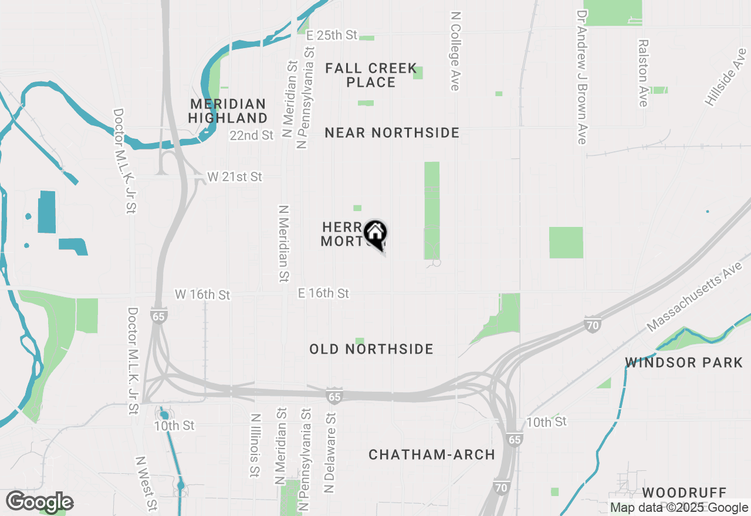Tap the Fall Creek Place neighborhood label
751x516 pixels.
click(371, 76)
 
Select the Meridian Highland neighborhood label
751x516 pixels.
click(228, 111)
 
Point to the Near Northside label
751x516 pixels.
click(392, 133)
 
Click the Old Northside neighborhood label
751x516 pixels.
click(371, 349)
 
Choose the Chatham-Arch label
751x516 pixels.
click(432, 454)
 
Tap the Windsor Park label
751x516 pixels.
click(684, 362)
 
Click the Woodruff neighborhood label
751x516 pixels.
click(684, 493)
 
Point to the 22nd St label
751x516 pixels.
click(252, 135)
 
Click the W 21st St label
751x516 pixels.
click(235, 176)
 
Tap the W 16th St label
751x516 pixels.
click(202, 294)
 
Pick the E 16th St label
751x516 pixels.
click(323, 293)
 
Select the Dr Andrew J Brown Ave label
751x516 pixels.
click(582, 76)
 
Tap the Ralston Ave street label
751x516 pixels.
click(644, 73)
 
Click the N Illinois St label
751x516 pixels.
click(255, 445)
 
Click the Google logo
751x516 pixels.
click(39, 502)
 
